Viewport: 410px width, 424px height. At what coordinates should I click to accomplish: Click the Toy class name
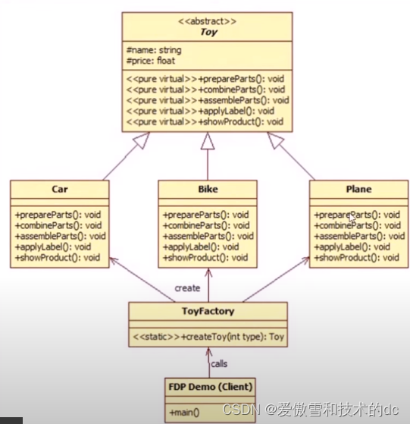point(208,33)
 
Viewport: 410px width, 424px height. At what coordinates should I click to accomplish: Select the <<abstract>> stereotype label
point(208,22)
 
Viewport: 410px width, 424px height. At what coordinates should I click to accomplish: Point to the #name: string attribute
point(154,51)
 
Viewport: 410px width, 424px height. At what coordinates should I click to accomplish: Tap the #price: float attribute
point(152,61)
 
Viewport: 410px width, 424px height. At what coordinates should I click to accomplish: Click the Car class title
point(60,189)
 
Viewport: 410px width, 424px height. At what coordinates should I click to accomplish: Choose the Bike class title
point(208,189)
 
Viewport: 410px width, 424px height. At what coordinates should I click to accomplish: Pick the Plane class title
point(358,189)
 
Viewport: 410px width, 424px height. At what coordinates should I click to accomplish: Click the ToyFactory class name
point(208,311)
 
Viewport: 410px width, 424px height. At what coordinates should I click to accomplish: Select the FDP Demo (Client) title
point(211,385)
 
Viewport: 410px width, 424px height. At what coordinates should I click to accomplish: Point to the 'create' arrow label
point(186,287)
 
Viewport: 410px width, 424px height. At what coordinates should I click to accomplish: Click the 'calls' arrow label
point(219,363)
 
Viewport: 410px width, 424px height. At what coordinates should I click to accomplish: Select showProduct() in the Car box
point(57,257)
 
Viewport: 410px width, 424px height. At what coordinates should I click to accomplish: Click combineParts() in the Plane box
point(356,225)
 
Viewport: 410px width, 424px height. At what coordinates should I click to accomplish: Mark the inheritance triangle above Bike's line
point(208,140)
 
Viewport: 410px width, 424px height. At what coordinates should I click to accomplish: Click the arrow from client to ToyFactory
point(208,356)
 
